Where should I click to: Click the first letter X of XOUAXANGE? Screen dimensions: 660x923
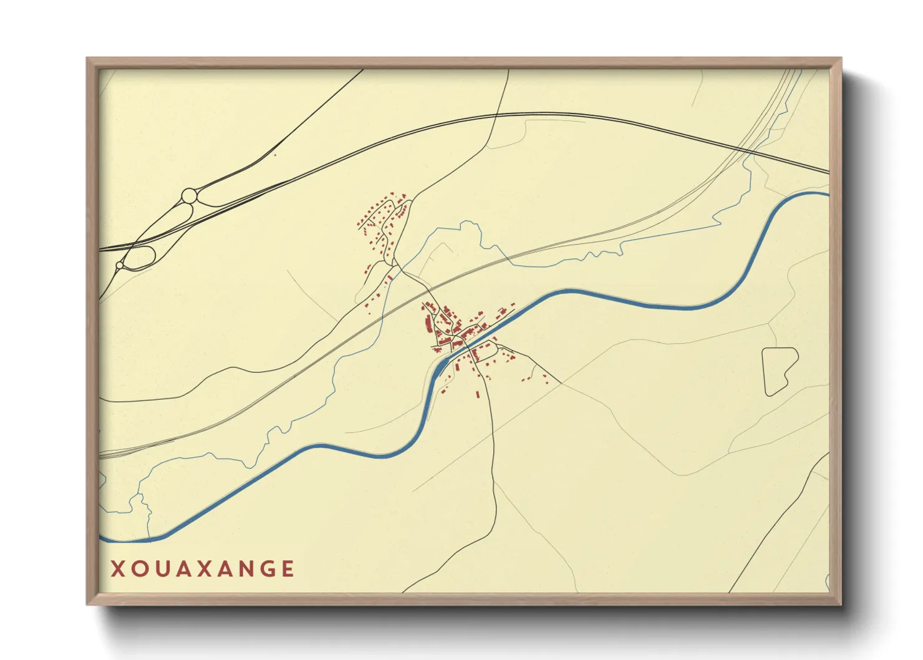pos(117,569)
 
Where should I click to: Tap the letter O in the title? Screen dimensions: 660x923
pos(138,569)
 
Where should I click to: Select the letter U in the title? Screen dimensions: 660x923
pos(160,569)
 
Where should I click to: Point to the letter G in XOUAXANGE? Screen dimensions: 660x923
pos(267,569)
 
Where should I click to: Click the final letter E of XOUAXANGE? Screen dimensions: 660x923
pos(288,569)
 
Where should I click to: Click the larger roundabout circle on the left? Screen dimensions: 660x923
pos(188,197)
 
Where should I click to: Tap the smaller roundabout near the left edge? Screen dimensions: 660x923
pos(119,266)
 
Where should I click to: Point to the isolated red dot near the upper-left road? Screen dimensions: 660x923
pos(274,155)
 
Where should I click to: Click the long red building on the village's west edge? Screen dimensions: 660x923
pos(427,325)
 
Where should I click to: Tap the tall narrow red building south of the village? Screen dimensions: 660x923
pos(478,394)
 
